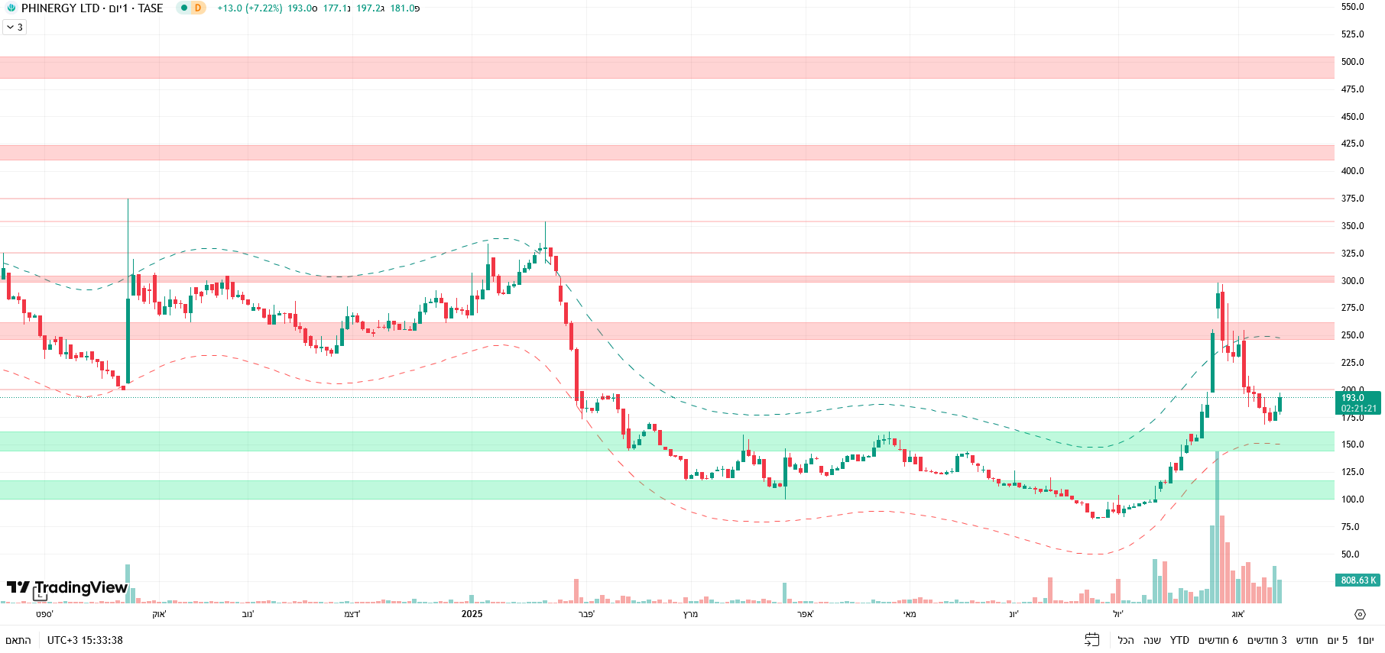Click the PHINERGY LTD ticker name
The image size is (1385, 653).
pyautogui.click(x=60, y=8)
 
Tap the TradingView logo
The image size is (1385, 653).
pyautogui.click(x=67, y=587)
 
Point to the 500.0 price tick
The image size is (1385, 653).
pyautogui.click(x=1352, y=62)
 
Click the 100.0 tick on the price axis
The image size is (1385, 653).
pyautogui.click(x=1352, y=499)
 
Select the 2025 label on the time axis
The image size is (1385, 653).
pyautogui.click(x=472, y=614)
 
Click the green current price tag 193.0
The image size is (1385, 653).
pyautogui.click(x=1357, y=402)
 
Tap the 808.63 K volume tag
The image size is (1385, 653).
pyautogui.click(x=1357, y=580)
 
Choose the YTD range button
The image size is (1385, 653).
pyautogui.click(x=1179, y=640)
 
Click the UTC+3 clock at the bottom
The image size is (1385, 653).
pyautogui.click(x=85, y=640)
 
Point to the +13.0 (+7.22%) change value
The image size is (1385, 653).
pyautogui.click(x=249, y=8)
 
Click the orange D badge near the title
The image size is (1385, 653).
pyautogui.click(x=198, y=8)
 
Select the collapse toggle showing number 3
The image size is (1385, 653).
pyautogui.click(x=15, y=27)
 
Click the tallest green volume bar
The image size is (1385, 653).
pyautogui.click(x=1216, y=527)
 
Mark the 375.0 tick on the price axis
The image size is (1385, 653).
pyautogui.click(x=1352, y=199)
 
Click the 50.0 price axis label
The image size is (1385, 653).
pyautogui.click(x=1352, y=554)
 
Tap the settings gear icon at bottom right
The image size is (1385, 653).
pyautogui.click(x=1360, y=614)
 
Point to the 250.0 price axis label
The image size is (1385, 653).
pyautogui.click(x=1352, y=335)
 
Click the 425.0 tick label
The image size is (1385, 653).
pyautogui.click(x=1352, y=144)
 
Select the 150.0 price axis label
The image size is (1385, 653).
pyautogui.click(x=1352, y=444)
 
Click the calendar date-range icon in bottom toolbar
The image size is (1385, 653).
pyautogui.click(x=1092, y=640)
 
